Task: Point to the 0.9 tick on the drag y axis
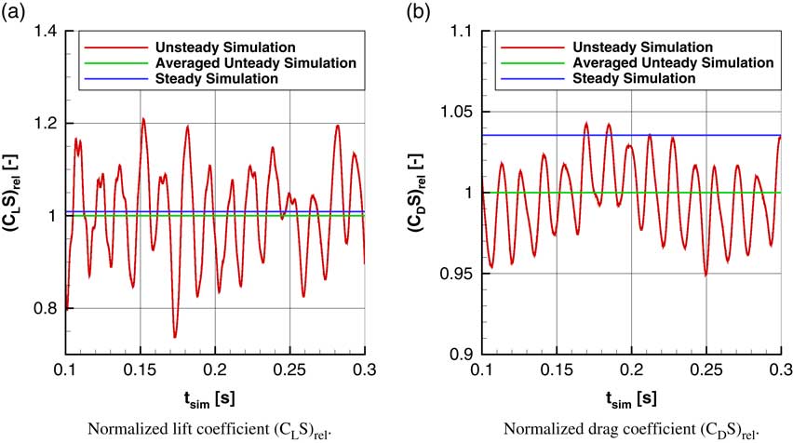coord(461,355)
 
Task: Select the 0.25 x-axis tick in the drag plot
coord(706,369)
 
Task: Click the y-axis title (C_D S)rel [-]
coord(426,193)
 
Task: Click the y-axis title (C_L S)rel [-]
coord(13,193)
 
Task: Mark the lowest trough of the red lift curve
coord(174,337)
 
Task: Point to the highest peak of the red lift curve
coord(143,118)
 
